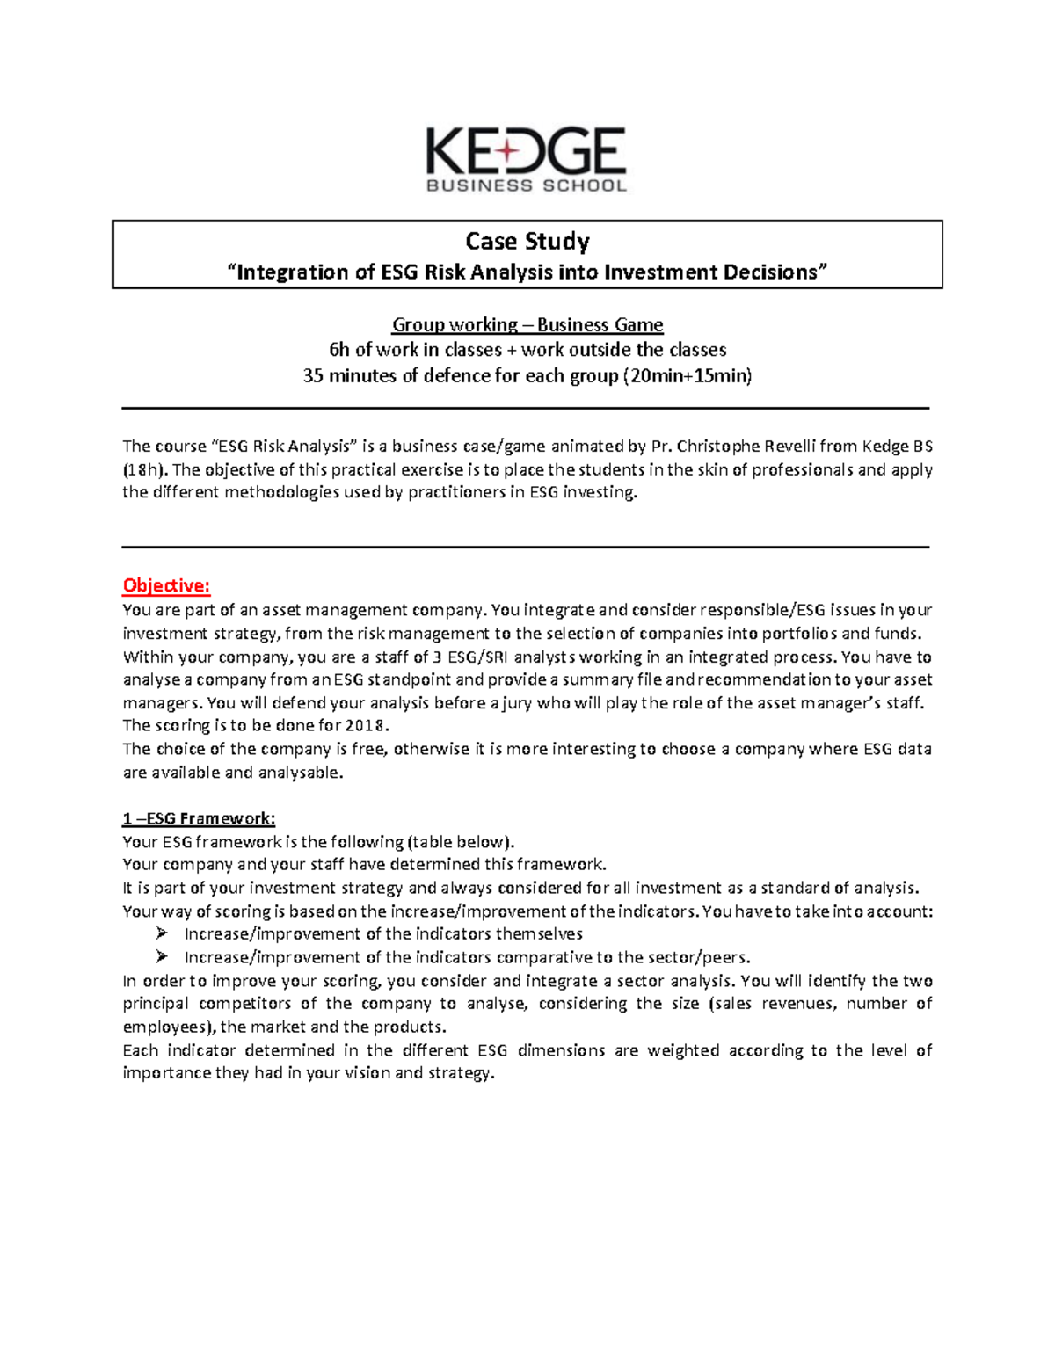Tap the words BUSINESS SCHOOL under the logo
point(526,185)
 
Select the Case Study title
point(527,241)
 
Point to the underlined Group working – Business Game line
point(527,324)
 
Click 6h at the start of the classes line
point(338,350)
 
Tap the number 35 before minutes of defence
point(313,376)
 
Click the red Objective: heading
point(166,585)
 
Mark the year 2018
point(366,726)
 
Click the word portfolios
point(794,634)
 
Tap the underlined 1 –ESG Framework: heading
point(199,818)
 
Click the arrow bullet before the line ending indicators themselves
point(161,933)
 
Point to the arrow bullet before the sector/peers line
point(161,957)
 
